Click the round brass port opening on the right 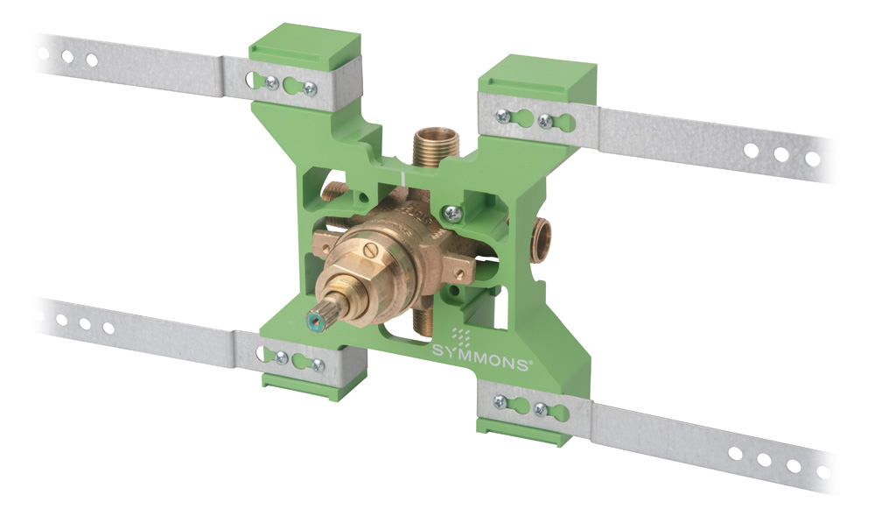click(542, 234)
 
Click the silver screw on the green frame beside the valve click(451, 212)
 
